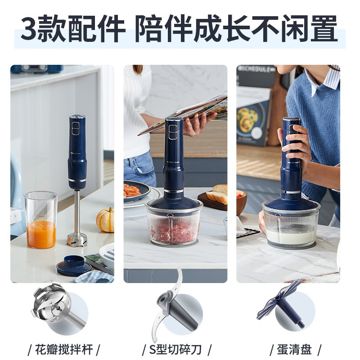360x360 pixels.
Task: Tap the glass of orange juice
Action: (41, 220)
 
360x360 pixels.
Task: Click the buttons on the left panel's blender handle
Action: (76, 128)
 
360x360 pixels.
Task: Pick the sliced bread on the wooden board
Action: (219, 193)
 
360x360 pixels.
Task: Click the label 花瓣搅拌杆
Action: (64, 350)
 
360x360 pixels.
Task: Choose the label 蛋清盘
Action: (294, 350)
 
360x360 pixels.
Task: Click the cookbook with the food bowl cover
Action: (252, 116)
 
